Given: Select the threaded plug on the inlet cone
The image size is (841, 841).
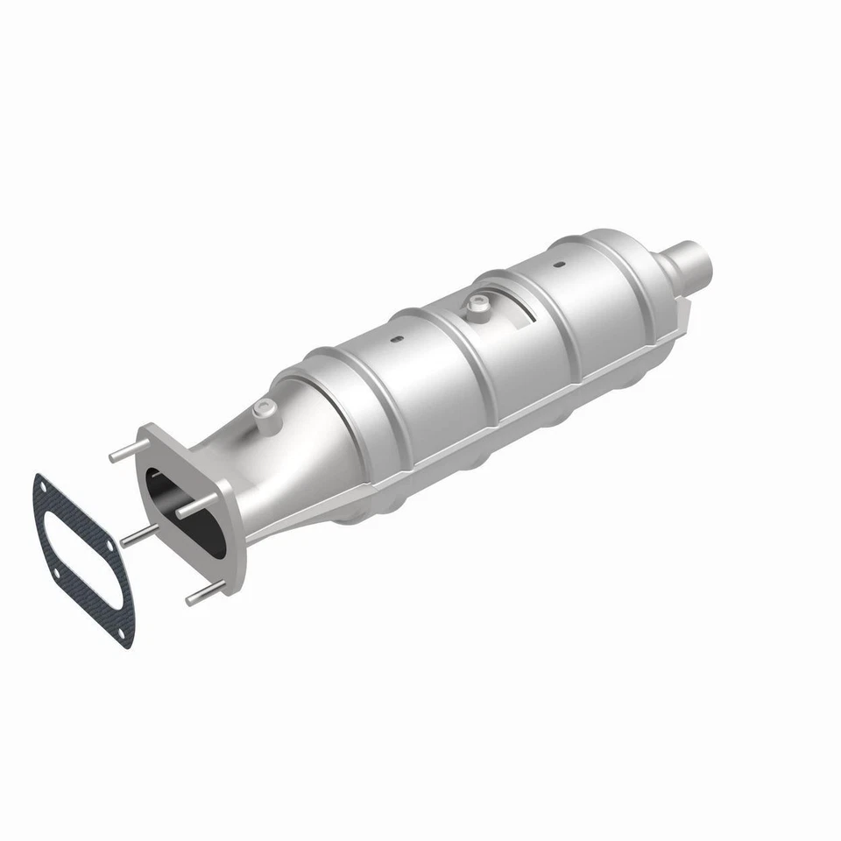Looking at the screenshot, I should (x=263, y=408).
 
